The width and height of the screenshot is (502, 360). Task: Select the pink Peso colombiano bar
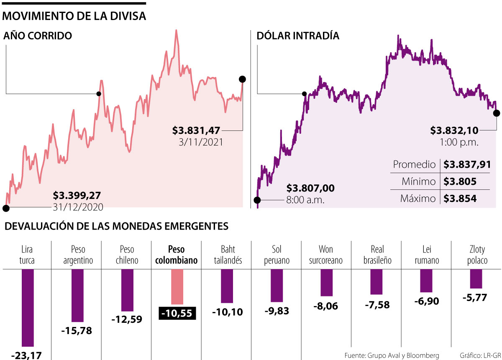click(x=177, y=286)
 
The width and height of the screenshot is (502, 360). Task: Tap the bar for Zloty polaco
click(x=476, y=279)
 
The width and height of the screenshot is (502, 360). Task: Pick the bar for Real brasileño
click(x=376, y=282)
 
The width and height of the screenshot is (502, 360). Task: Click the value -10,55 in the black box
click(x=177, y=314)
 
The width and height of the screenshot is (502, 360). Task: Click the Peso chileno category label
click(x=127, y=255)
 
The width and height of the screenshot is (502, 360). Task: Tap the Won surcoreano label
click(x=326, y=255)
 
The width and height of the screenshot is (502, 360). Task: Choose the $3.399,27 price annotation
click(x=77, y=195)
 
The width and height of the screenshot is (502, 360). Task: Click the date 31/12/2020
click(x=78, y=207)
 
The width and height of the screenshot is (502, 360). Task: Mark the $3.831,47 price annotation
click(x=196, y=131)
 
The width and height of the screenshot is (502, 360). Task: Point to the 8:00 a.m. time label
click(x=306, y=200)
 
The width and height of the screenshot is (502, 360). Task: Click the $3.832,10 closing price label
click(x=454, y=131)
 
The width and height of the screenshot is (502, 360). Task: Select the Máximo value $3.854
click(x=460, y=198)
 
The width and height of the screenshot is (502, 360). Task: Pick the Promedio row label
click(x=414, y=165)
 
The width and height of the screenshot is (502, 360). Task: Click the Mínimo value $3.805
click(x=460, y=182)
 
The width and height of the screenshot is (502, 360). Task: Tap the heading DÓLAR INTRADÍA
click(x=297, y=36)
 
